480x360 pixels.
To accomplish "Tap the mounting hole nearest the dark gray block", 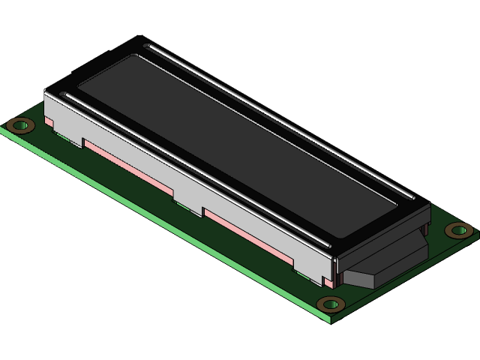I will coord(330,304).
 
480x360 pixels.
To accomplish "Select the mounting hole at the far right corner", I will coord(457,230).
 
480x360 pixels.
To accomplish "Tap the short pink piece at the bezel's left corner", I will coord(49,121).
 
